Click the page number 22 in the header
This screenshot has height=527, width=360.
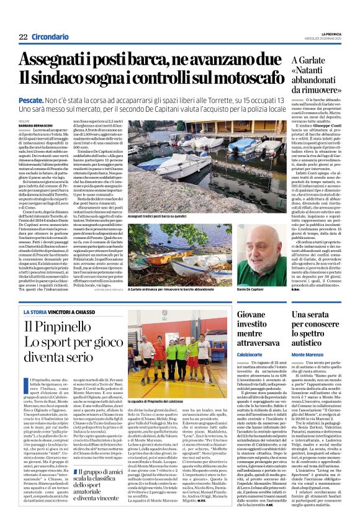click(x=23, y=37)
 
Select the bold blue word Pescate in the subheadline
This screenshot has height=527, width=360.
click(x=32, y=99)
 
